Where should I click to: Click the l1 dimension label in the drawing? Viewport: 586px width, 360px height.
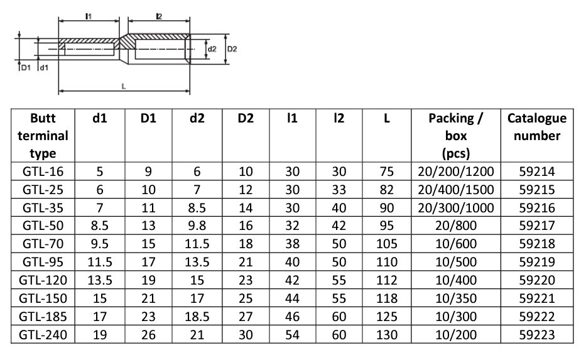89,16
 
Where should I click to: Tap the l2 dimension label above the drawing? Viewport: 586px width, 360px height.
159,16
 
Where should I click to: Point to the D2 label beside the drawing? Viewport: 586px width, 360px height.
232,49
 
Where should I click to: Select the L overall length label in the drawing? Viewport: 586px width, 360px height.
124,86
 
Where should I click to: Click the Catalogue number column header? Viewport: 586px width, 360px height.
536,127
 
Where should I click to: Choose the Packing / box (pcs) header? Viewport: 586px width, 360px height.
455,136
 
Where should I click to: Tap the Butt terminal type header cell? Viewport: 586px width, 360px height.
43,136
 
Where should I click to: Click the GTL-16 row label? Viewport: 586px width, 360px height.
43,172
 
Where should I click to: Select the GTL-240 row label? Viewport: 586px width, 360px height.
43,335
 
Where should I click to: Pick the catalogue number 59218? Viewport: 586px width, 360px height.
537,244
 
